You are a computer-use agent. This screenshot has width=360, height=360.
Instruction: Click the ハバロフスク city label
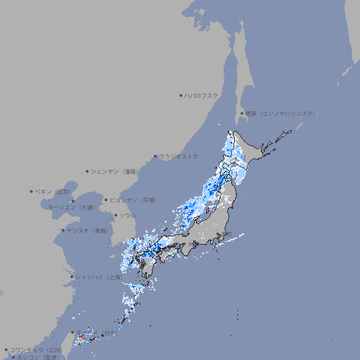[x=202, y=95]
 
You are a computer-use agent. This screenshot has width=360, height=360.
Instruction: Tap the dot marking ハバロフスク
[x=181, y=95]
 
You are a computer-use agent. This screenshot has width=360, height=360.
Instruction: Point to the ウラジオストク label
[x=179, y=156]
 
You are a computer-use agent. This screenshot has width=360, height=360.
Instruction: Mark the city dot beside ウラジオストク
[x=156, y=156]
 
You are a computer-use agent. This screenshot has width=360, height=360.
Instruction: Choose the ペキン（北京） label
[x=54, y=191]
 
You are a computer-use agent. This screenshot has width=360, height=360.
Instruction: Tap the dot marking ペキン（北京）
[x=32, y=191]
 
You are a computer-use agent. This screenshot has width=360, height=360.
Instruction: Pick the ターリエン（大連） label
[x=71, y=207]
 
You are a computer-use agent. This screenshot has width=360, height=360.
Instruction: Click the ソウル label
[x=127, y=215]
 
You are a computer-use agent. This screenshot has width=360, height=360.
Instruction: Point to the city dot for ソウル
[x=115, y=215]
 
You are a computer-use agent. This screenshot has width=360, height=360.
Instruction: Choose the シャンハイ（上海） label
[x=99, y=277]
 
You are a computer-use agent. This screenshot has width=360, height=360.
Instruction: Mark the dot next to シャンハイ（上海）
[x=72, y=277]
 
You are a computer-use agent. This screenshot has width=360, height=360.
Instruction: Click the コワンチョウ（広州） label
[x=36, y=349]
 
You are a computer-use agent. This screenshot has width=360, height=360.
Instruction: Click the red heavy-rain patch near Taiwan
[x=80, y=338]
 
